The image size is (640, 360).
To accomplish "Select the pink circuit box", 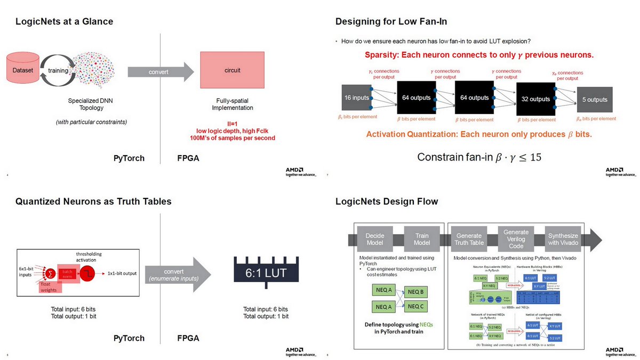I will [x=233, y=70].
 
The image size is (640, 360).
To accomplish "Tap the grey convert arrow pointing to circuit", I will [x=161, y=71].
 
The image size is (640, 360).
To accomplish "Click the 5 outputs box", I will [x=594, y=100].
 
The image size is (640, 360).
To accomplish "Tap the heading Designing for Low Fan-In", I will [x=391, y=21].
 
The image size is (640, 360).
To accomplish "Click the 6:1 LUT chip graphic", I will [x=265, y=273].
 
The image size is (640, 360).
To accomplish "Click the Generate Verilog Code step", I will [x=516, y=239].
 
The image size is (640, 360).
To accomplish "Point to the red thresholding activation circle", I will [x=89, y=273].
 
